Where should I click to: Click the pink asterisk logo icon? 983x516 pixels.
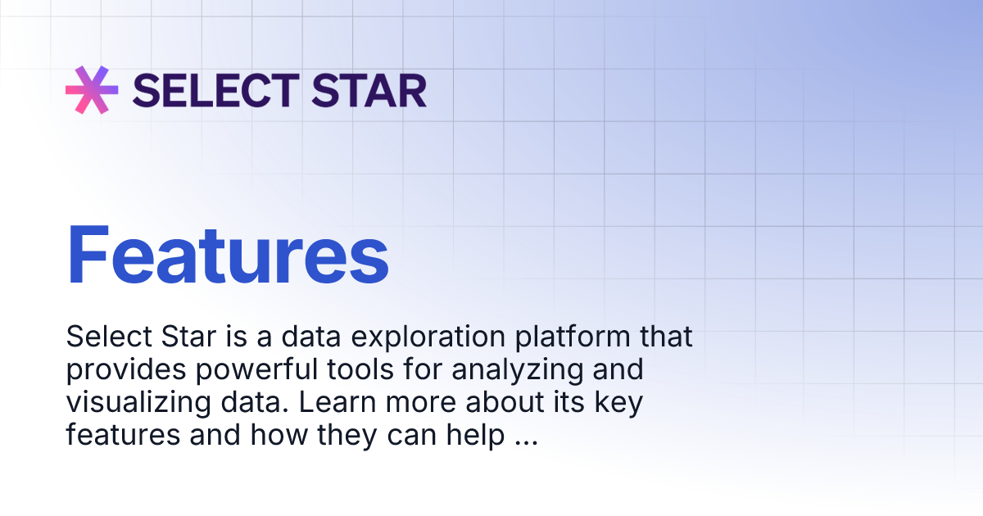tap(92, 89)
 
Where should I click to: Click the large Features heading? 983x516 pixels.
tap(228, 256)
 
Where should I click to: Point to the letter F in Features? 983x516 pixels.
tap(88, 256)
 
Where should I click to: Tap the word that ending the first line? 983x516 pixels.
tap(665, 337)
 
